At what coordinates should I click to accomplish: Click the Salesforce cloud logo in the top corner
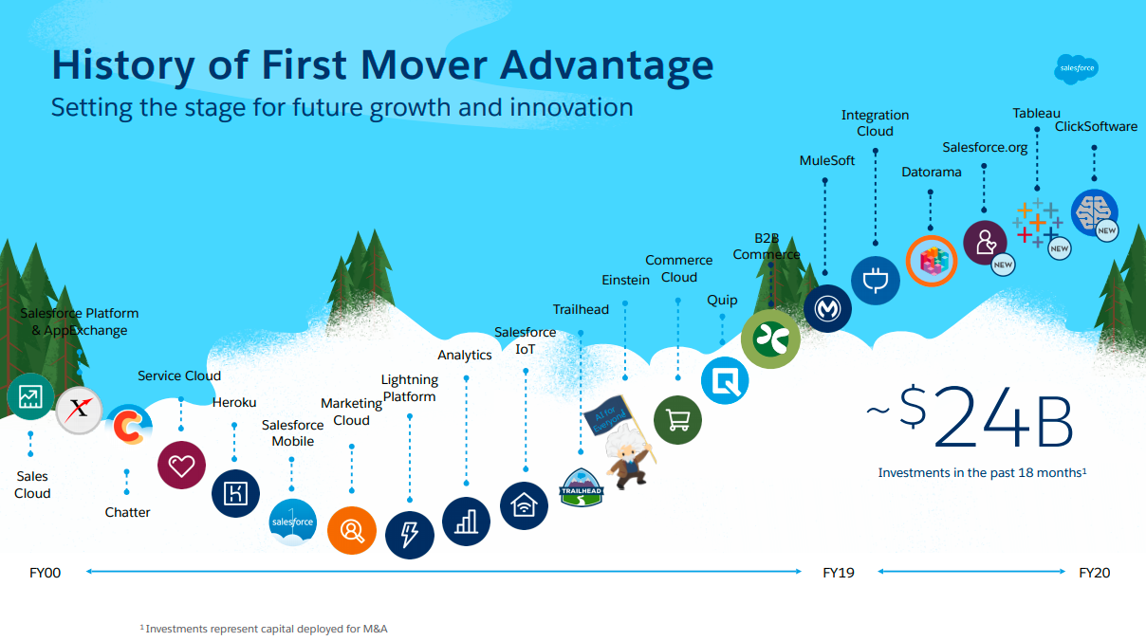click(x=1077, y=69)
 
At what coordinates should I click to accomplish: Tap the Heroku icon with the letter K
click(x=235, y=493)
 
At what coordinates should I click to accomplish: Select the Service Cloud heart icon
click(x=181, y=466)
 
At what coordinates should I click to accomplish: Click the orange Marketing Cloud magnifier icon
click(x=352, y=531)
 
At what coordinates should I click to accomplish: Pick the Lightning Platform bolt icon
click(x=409, y=535)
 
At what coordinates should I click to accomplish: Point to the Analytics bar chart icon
click(x=466, y=522)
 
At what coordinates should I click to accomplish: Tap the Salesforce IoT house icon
click(x=524, y=506)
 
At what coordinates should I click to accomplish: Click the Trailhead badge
click(x=582, y=487)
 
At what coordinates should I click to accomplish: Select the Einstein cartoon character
click(x=628, y=455)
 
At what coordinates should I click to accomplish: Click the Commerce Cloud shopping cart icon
click(x=678, y=420)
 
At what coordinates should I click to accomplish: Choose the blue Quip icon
click(x=725, y=381)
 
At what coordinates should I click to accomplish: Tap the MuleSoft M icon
click(x=827, y=308)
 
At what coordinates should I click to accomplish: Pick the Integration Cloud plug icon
click(x=876, y=281)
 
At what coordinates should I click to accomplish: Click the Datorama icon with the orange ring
click(x=932, y=261)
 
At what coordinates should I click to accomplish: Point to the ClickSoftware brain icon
click(x=1095, y=212)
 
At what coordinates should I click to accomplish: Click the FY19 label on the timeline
click(x=839, y=573)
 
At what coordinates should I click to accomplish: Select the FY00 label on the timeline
click(x=45, y=573)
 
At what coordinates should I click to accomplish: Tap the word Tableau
click(x=1037, y=113)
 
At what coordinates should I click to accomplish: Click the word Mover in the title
click(x=423, y=64)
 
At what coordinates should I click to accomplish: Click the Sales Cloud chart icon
click(x=30, y=396)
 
